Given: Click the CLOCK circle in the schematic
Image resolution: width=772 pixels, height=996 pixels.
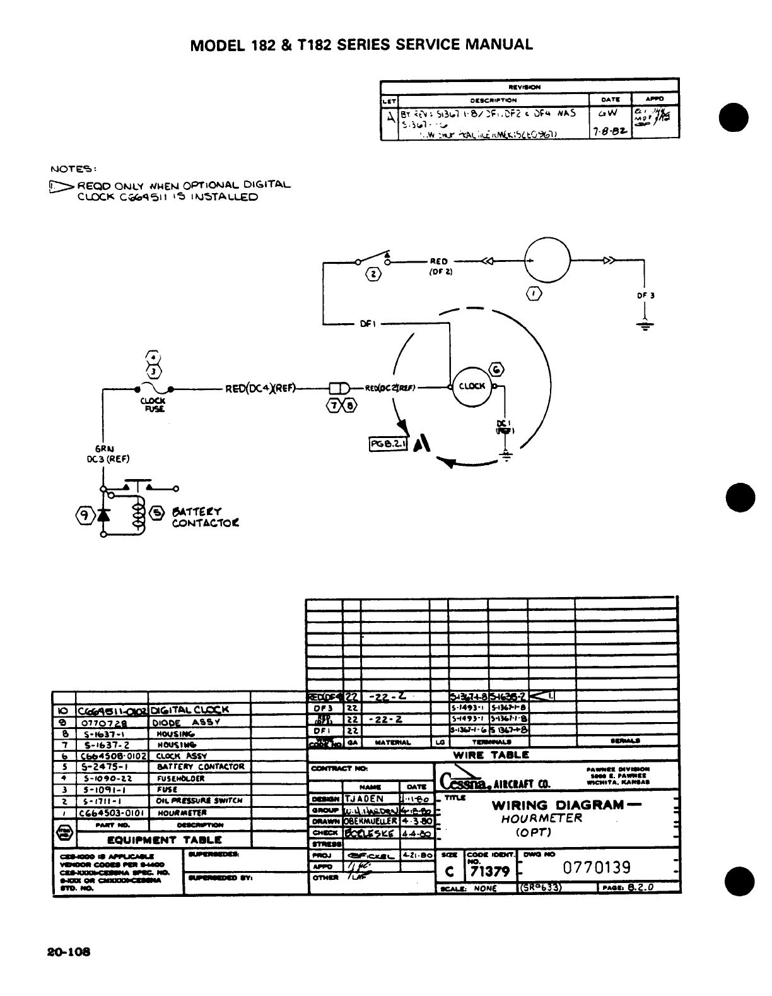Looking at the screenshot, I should click(472, 386).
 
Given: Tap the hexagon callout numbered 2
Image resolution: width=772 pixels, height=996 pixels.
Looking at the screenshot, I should click(373, 274).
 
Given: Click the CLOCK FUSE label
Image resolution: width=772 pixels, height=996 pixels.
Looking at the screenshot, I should click(153, 405).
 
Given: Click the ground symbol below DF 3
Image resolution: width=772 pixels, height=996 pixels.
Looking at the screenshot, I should click(645, 326).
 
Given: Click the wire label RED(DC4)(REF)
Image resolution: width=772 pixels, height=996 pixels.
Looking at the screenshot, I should click(260, 388).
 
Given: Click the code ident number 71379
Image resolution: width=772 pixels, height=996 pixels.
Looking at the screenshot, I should click(489, 872).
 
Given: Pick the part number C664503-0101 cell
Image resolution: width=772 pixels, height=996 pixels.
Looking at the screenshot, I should click(112, 813).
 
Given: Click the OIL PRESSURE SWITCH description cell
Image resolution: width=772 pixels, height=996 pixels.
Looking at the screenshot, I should click(199, 800).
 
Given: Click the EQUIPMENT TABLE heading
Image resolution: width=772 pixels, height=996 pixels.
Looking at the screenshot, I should click(164, 839).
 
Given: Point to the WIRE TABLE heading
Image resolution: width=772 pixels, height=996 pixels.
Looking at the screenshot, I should click(491, 754).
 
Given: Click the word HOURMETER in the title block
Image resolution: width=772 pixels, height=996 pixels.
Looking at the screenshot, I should click(541, 819).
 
